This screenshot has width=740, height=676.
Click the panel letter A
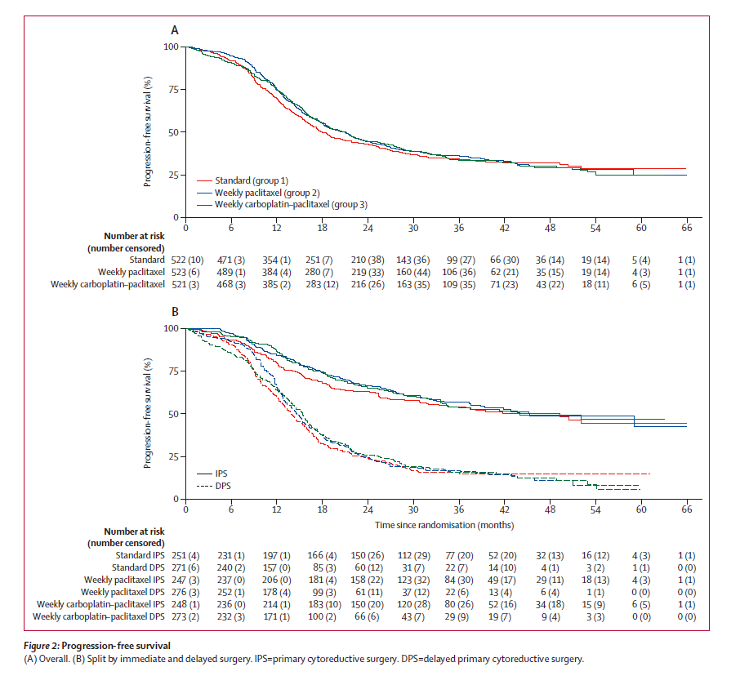174,30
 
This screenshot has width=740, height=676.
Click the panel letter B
174,311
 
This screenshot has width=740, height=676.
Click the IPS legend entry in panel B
220,474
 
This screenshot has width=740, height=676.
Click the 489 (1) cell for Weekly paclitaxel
231,271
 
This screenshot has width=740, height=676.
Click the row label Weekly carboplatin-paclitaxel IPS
103,604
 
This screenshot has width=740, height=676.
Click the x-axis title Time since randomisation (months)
444,525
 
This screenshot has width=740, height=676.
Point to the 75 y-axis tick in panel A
172,90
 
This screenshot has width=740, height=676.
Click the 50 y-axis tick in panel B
172,414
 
